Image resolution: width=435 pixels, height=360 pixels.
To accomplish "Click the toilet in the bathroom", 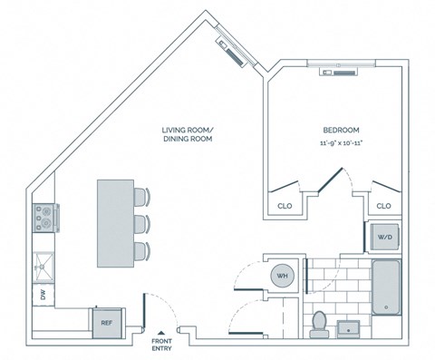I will click(x=318, y=322).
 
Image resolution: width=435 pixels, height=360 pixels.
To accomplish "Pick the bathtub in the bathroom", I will click(x=386, y=287).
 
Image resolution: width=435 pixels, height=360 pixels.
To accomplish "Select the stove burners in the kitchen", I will click(x=43, y=218).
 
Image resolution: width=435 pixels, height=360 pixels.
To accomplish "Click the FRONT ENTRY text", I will click(x=161, y=345).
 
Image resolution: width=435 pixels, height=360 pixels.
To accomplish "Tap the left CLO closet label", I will click(x=284, y=207).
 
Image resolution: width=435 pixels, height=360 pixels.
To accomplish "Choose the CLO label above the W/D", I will click(x=383, y=207).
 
